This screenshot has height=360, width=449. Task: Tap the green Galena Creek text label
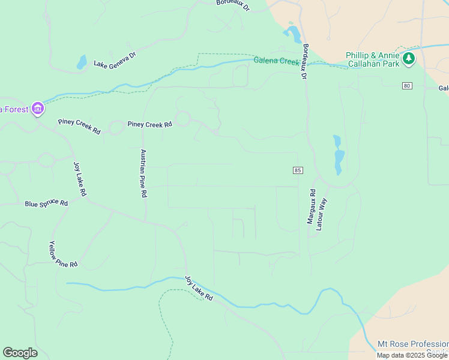coord(276,61)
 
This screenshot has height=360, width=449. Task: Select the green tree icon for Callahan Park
coord(409,58)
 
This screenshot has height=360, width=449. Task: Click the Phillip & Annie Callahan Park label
coord(373,59)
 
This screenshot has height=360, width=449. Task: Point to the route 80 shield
coord(407,86)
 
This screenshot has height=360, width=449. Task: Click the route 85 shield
coord(298,171)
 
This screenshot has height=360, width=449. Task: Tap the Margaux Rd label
coord(311,207)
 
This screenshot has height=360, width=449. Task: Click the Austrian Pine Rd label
coord(143,174)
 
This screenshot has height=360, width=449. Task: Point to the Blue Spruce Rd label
coord(46,203)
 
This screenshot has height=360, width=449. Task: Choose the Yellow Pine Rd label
coord(62,254)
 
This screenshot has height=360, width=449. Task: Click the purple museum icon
coord(38,109)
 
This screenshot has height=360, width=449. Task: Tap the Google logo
coord(20,353)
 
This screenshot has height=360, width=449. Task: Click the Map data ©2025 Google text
coord(412,355)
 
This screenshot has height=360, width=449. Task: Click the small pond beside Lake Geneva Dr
coord(81,62)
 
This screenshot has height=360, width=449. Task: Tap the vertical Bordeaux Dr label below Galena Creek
coord(305,62)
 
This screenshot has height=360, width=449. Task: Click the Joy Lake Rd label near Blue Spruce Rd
coord(80,179)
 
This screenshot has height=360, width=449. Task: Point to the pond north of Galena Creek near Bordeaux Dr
coord(294,33)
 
